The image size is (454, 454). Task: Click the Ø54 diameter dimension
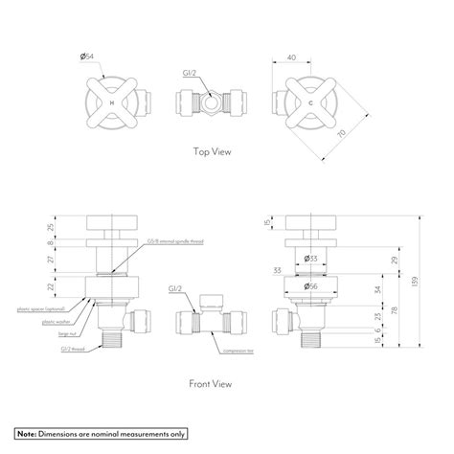coord(89,58)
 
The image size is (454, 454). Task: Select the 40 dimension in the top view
coord(291,58)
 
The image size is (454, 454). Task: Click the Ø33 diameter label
coord(311,258)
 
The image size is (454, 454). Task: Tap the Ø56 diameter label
coord(311,285)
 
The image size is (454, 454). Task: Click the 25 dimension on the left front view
coord(51,227)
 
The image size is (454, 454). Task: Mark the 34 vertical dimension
coord(379,289)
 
